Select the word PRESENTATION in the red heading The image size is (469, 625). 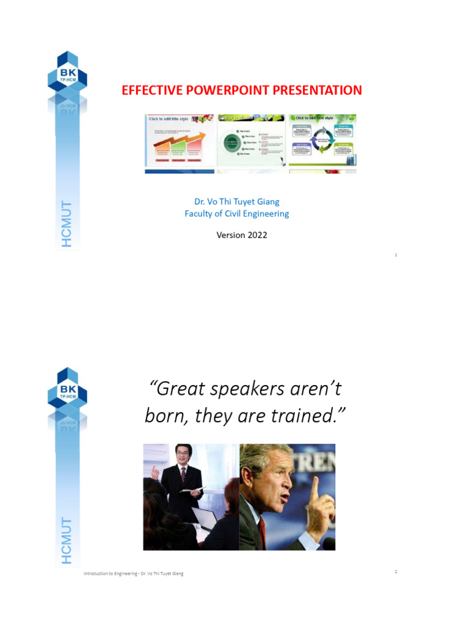[x=317, y=90]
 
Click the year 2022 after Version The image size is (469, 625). [x=257, y=235]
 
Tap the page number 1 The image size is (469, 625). [x=396, y=255]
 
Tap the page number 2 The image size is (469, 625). [x=396, y=571]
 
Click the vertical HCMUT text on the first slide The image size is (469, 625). [x=67, y=224]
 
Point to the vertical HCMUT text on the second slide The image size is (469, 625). [x=67, y=541]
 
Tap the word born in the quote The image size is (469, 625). [x=164, y=416]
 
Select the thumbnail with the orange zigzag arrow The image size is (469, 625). [x=180, y=141]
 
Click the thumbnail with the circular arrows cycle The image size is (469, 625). [x=322, y=141]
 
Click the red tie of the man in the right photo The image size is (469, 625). [x=262, y=531]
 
